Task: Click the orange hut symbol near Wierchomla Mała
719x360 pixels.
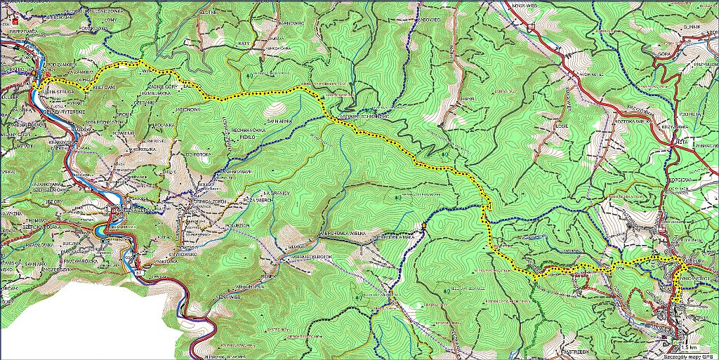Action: [424, 225]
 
